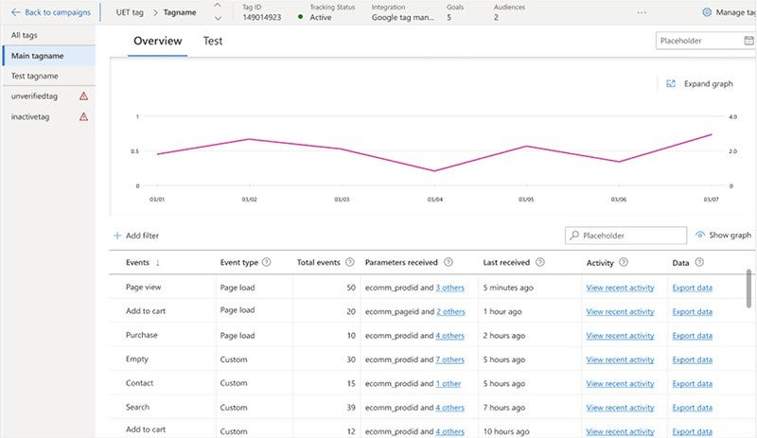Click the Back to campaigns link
(51, 12)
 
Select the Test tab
(213, 42)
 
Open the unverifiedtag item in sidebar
(35, 96)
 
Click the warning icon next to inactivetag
(83, 116)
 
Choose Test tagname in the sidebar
(34, 76)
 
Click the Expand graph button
(700, 83)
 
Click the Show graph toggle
(723, 235)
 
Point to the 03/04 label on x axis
(434, 200)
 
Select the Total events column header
(318, 262)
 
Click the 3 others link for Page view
(450, 287)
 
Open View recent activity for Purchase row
(620, 335)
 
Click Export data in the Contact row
(692, 383)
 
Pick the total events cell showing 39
(350, 408)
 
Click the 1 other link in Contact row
(448, 383)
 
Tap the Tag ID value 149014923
(261, 17)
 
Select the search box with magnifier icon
(626, 236)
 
